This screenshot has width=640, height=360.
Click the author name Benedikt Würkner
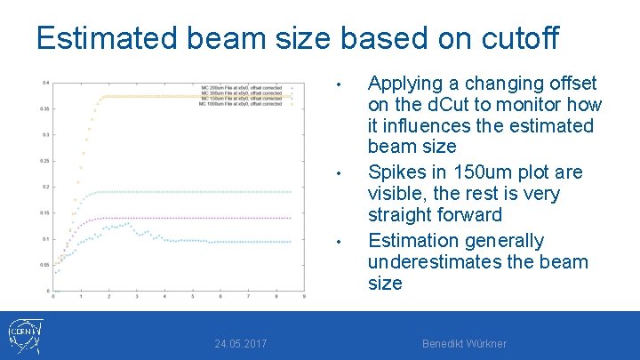point(464,344)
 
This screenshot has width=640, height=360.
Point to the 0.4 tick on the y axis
point(45,83)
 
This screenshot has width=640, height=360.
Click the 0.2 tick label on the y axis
point(45,188)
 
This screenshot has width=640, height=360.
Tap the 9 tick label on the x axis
point(304,297)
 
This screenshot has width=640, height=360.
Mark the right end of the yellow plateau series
point(290,96)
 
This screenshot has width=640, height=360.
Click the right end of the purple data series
point(290,218)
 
